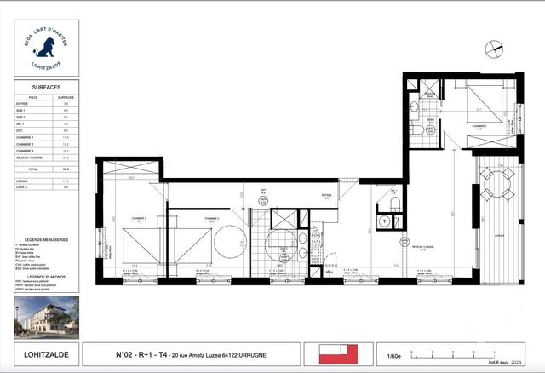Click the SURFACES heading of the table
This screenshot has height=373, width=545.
pos(47,87)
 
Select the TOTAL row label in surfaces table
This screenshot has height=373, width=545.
pos(34,170)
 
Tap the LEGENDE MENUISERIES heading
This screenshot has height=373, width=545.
pos(48,240)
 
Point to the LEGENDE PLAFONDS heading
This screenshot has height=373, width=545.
pos(48,278)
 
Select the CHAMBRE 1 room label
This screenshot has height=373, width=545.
pos(479,126)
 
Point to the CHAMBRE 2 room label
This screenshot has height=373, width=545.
pos(211,219)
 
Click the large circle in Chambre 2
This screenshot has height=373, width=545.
pos(230,241)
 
